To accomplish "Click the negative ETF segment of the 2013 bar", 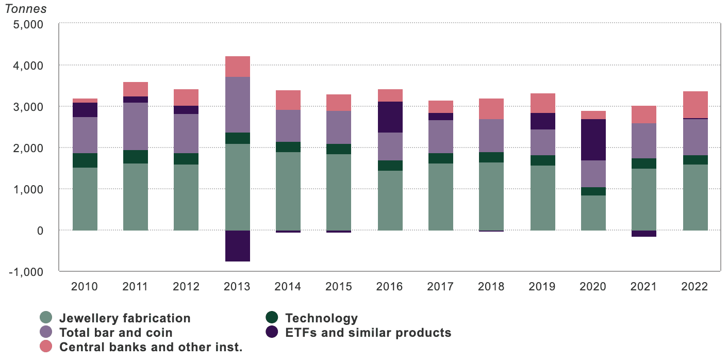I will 238,246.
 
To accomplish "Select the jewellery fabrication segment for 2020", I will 593,212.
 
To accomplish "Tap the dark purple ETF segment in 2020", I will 593,140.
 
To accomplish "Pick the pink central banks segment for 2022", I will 696,105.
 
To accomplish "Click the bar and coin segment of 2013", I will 238,105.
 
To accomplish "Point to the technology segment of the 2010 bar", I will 85,160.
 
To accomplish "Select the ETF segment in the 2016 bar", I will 390,117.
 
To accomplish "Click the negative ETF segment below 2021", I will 644,234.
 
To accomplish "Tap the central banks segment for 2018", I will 491,109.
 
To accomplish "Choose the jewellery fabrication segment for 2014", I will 288,191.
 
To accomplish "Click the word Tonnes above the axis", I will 25,9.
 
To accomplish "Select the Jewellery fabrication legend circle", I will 46,318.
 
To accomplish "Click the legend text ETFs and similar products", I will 368,333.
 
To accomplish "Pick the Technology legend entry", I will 321,318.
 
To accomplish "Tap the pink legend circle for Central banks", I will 46,347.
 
